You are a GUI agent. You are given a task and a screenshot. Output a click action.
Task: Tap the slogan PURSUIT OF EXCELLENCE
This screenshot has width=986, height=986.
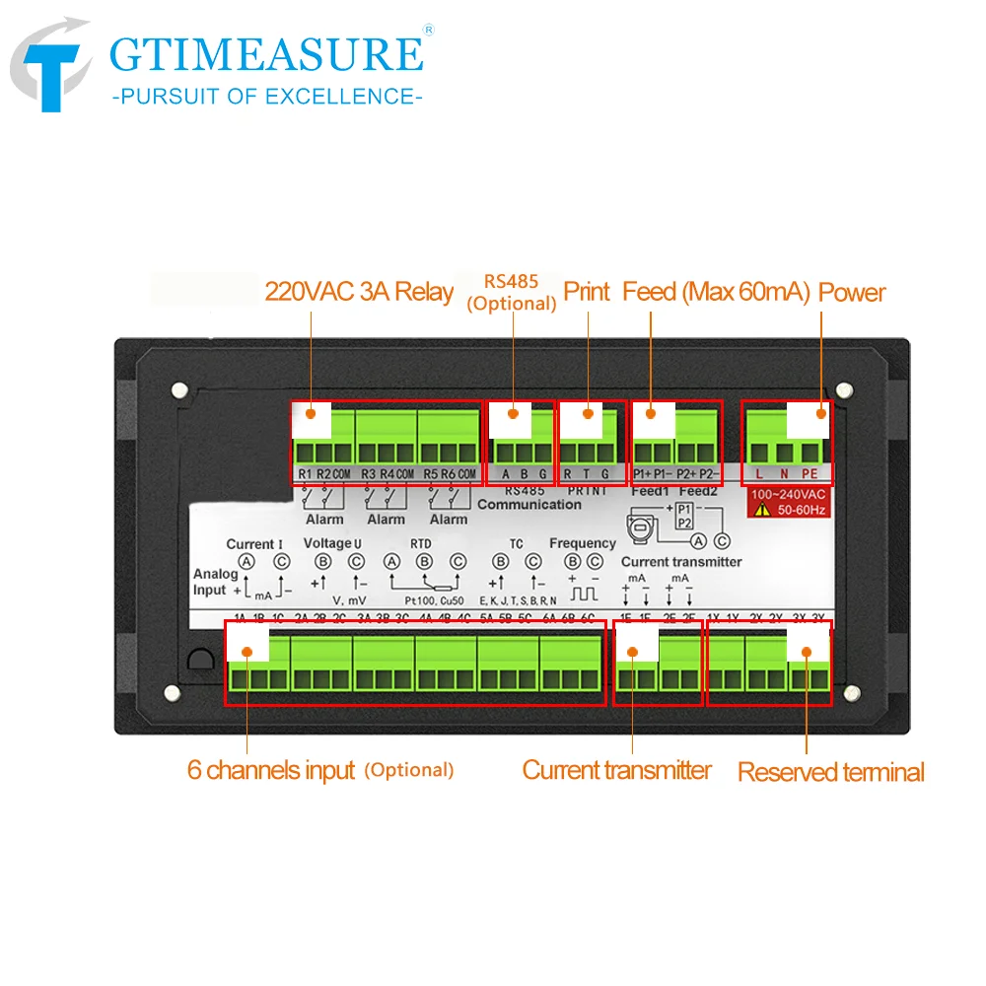(x=267, y=97)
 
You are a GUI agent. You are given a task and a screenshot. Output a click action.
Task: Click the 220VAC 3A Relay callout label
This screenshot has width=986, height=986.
(x=359, y=292)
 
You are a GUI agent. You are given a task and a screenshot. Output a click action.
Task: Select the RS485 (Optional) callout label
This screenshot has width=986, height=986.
(x=511, y=292)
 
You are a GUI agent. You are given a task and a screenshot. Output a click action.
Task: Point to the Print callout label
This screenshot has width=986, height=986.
(x=587, y=292)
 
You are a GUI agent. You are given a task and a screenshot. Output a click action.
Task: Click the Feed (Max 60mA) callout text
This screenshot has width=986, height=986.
(x=716, y=292)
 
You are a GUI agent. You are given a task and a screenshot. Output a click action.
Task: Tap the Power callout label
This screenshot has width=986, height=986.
(x=852, y=292)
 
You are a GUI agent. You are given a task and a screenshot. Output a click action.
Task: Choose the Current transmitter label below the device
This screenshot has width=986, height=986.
(x=616, y=770)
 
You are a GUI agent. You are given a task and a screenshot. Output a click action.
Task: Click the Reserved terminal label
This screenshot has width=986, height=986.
(x=831, y=772)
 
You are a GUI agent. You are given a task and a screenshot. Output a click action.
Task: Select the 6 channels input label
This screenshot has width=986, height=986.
(x=270, y=770)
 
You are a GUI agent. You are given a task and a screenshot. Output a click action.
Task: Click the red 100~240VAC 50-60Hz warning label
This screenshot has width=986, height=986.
(x=787, y=502)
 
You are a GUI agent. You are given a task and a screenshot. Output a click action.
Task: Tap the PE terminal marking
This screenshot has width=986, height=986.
(x=810, y=474)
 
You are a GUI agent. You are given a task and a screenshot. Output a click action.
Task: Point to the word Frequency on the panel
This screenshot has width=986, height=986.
(x=582, y=543)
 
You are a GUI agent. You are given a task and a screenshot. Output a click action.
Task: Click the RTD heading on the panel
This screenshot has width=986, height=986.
(x=420, y=543)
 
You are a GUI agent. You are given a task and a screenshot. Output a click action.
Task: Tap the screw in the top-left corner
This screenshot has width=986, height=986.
(x=178, y=389)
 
